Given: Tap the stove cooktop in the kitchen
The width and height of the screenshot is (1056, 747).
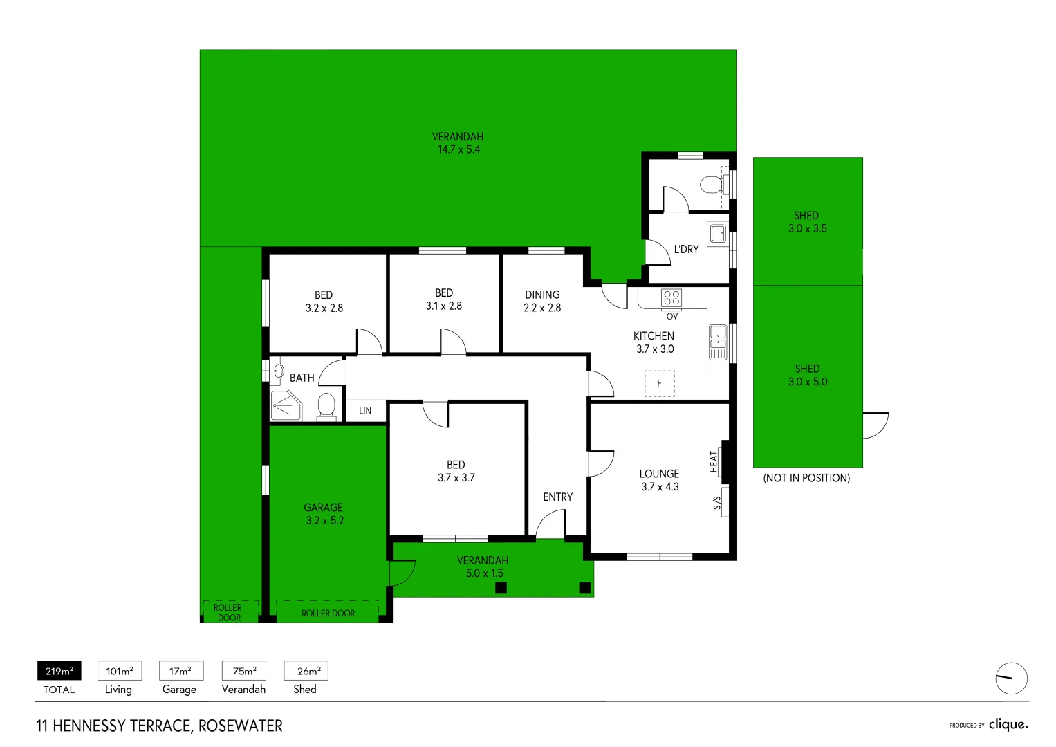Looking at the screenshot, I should tap(671, 298).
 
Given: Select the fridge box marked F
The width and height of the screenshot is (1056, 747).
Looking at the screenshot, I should tap(660, 383).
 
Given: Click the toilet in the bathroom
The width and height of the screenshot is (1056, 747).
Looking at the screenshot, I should tap(326, 406).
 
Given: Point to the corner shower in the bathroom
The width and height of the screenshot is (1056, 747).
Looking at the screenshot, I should tap(284, 405).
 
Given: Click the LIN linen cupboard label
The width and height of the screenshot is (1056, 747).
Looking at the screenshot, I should tap(365, 411).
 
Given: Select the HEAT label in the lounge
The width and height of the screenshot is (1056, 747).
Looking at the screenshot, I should tap(714, 461).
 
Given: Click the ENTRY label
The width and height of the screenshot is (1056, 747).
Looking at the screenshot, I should tap(557, 497).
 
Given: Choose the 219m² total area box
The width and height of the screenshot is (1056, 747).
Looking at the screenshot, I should tap(59, 671).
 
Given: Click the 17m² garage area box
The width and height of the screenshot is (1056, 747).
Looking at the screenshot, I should tap(180, 671).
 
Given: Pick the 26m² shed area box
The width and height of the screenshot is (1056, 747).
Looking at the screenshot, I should tap(306, 671).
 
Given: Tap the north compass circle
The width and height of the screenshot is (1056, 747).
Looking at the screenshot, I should tap(1011, 678).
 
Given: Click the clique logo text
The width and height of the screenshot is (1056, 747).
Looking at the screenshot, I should tap(1008, 724).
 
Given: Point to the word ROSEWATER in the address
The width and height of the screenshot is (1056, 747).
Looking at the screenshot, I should tap(240, 726).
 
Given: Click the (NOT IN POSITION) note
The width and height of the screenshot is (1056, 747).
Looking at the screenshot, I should tap(806, 478).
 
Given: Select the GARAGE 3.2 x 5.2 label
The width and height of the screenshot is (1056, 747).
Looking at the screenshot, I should tap(324, 514).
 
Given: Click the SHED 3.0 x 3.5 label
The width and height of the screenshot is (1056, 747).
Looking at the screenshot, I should tap(807, 222).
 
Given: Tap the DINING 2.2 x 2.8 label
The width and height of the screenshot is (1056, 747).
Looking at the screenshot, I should tap(542, 301).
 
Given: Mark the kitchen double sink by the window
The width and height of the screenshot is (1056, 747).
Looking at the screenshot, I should tap(718, 342).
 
